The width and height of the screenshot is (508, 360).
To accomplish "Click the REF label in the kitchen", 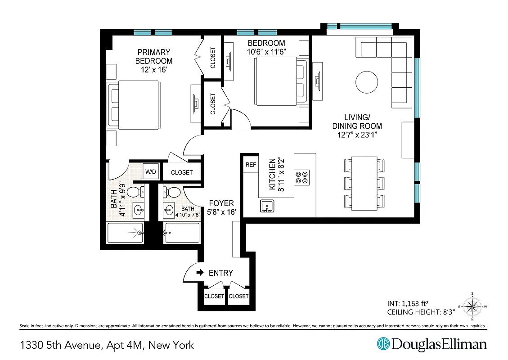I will (x=251, y=165).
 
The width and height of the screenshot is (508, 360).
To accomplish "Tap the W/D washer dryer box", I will (x=150, y=171).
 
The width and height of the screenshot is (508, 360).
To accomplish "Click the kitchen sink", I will (x=267, y=207).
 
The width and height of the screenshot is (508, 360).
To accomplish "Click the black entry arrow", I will (x=201, y=273).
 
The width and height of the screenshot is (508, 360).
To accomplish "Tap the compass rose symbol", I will (x=472, y=307).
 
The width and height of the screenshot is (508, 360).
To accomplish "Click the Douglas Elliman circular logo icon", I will (x=383, y=344).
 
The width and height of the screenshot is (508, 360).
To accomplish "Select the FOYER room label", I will (x=221, y=203).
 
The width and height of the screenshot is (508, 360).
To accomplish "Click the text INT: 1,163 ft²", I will (x=404, y=303).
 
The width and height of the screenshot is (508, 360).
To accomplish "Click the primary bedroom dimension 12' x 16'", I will (x=153, y=70).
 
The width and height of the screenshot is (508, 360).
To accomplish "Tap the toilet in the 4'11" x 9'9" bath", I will (x=135, y=192).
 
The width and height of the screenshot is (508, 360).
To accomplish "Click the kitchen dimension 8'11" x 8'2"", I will (x=280, y=175).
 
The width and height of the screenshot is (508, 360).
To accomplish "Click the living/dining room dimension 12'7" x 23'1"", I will (x=357, y=134).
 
